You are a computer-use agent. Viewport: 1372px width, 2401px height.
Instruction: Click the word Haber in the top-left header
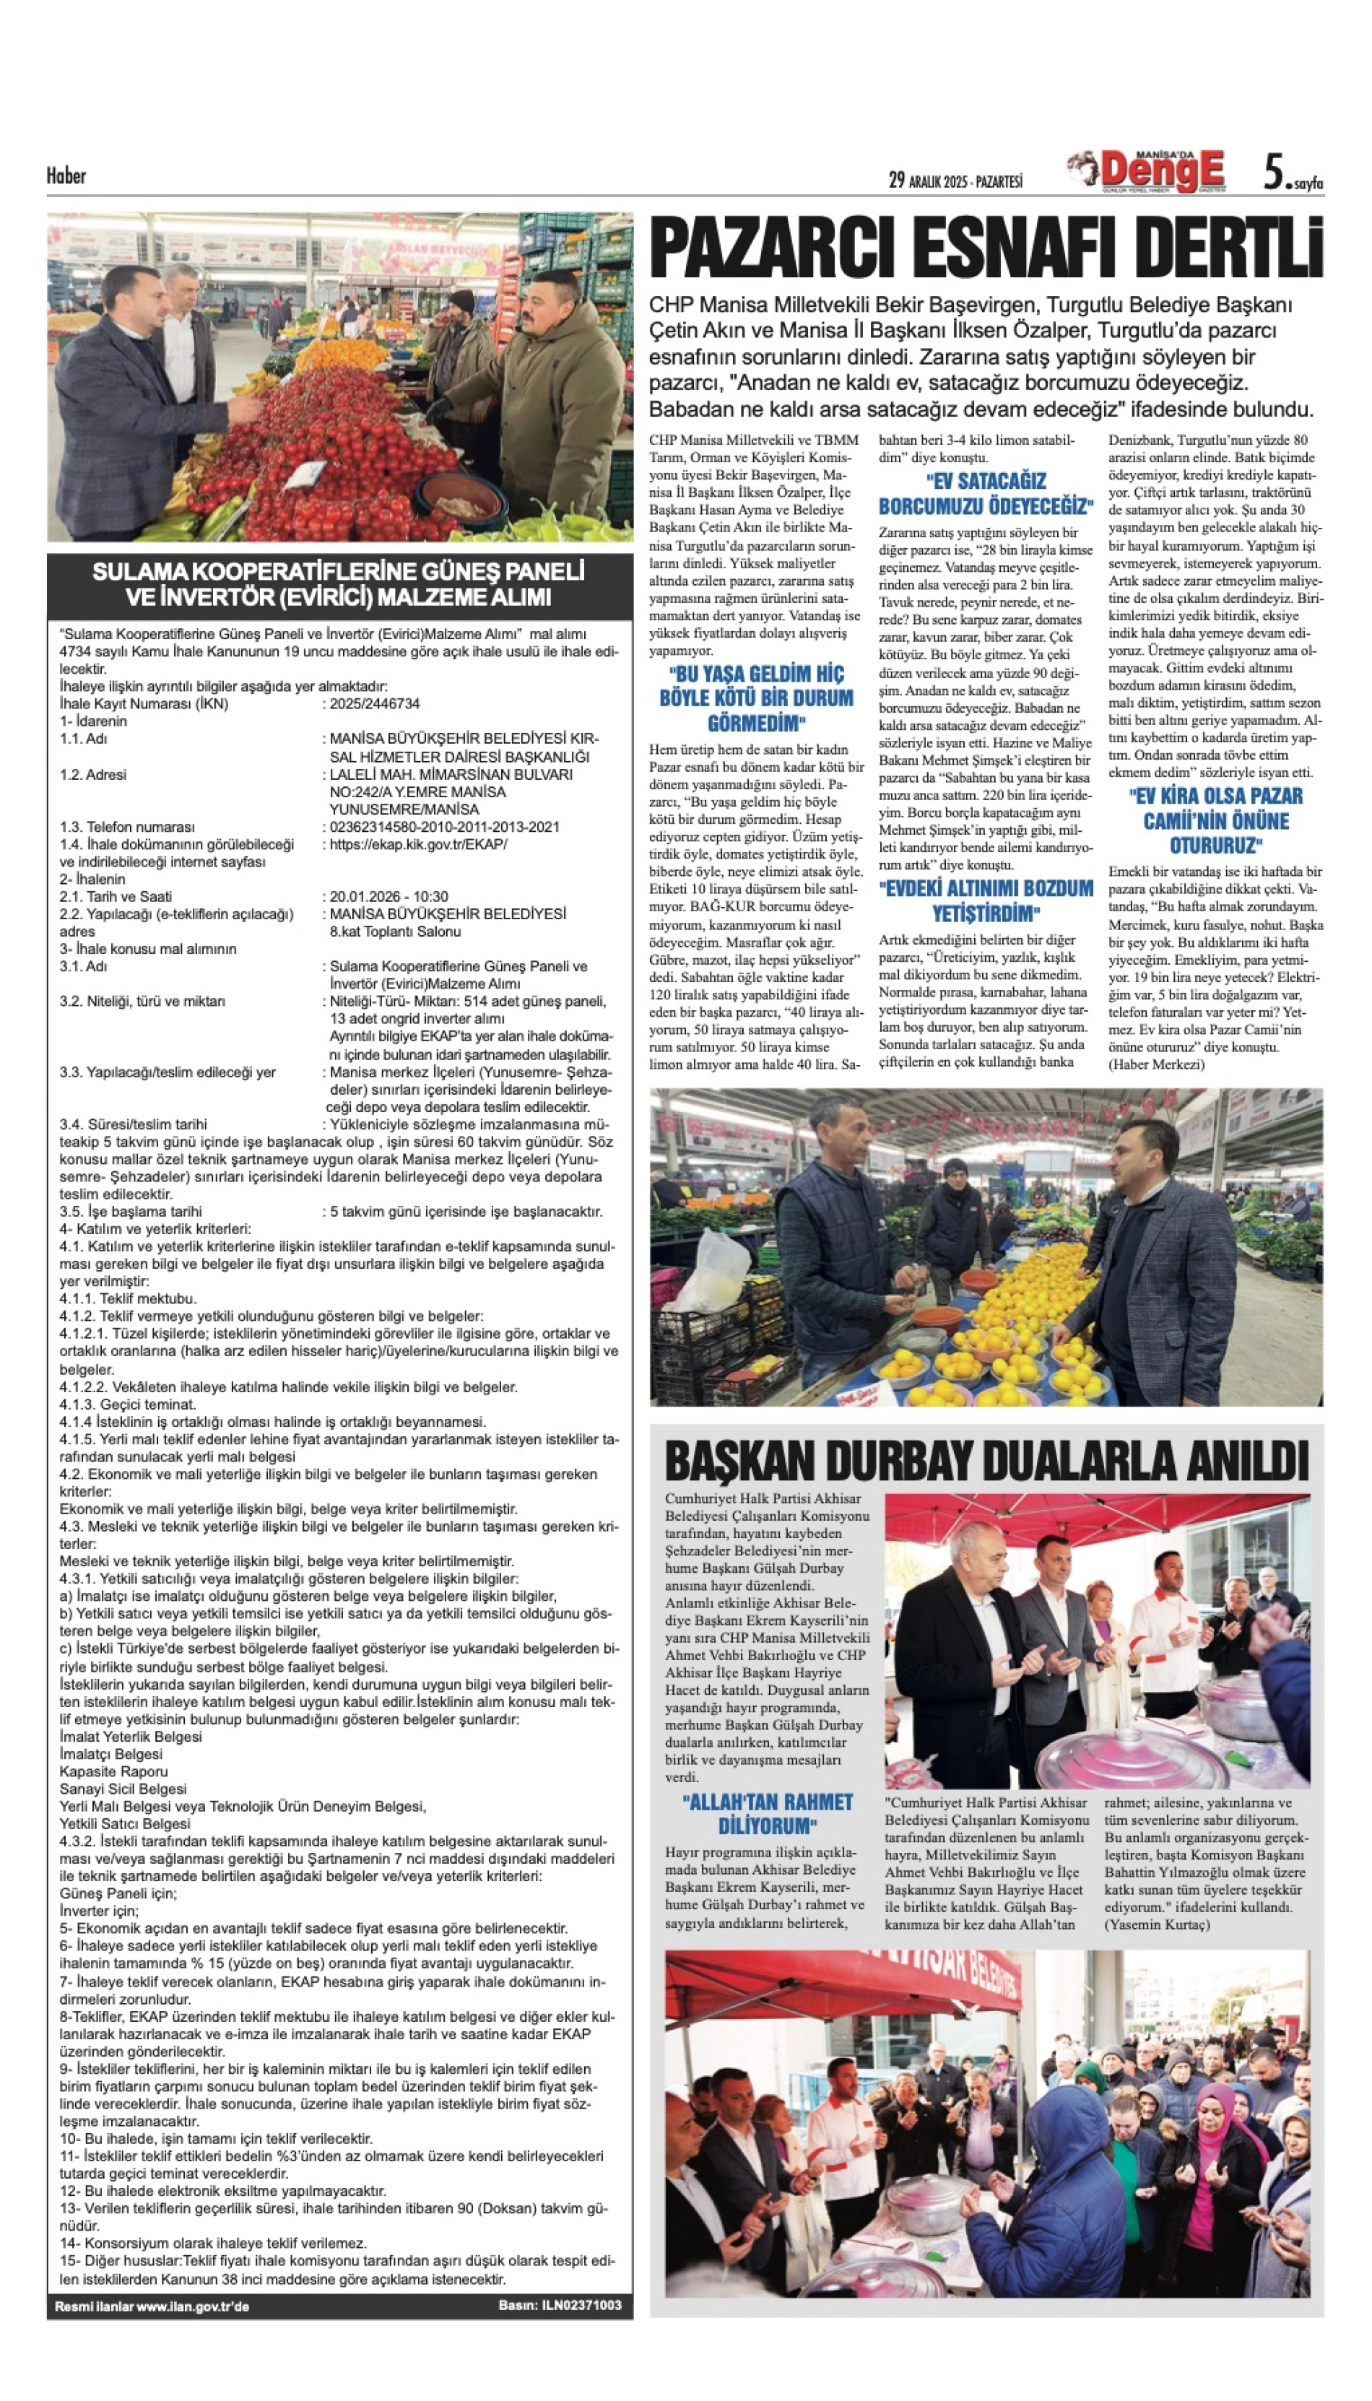click(x=66, y=175)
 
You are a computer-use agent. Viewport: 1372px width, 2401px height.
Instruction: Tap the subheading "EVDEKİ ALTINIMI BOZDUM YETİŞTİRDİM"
click(x=986, y=901)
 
